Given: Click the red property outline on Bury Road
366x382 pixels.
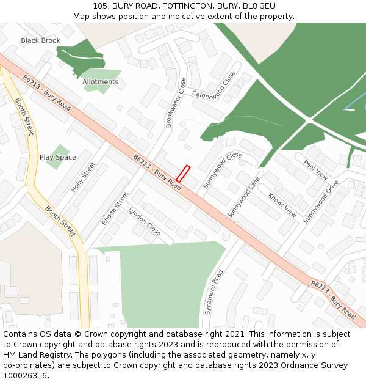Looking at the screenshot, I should (183, 174).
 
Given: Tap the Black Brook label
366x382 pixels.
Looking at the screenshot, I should (41, 40).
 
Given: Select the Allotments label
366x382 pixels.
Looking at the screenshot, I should (101, 81).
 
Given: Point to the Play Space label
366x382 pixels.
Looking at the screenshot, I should (58, 157).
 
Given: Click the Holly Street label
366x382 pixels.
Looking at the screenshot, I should (84, 177).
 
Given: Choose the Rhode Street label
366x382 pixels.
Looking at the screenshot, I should (115, 208).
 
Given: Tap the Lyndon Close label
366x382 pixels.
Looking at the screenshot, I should (145, 221).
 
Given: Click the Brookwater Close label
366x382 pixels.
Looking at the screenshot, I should (176, 102).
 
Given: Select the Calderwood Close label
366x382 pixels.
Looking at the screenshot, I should (214, 85).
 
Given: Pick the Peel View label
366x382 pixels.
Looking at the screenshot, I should (316, 169).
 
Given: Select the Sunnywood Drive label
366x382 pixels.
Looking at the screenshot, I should (321, 200).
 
